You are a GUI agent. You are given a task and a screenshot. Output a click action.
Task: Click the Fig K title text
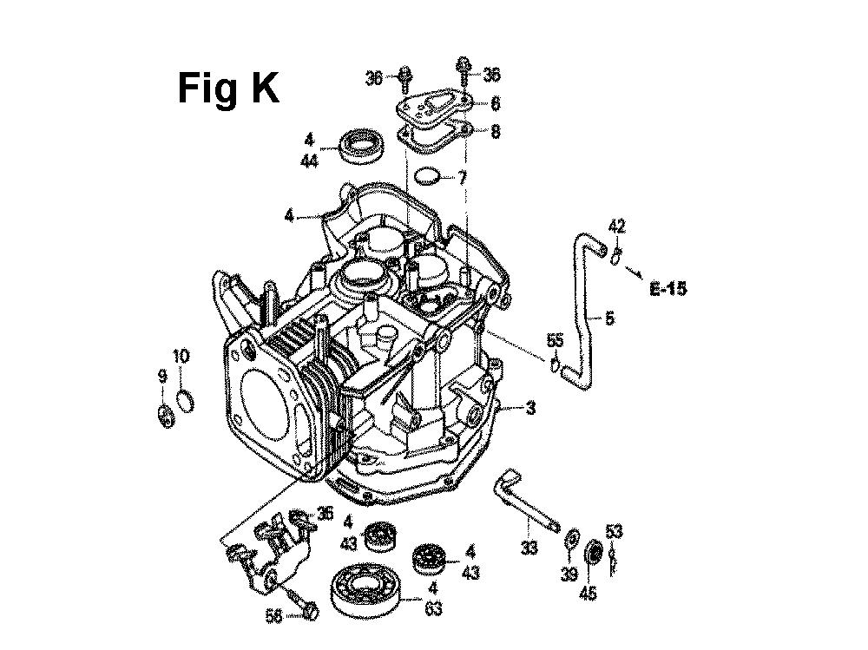point(228,89)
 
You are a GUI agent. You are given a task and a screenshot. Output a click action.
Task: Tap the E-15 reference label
point(668,288)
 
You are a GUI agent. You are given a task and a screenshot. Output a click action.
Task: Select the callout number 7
point(462,178)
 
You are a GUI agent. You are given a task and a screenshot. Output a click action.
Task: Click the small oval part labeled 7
point(427,176)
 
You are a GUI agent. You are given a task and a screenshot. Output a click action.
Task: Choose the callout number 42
point(616,226)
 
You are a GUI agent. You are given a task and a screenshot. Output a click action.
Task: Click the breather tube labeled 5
point(578,309)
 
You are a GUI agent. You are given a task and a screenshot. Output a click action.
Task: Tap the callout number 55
point(555,340)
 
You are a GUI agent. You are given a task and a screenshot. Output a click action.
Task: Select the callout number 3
point(531,409)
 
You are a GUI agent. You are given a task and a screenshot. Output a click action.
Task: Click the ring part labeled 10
point(185,401)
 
